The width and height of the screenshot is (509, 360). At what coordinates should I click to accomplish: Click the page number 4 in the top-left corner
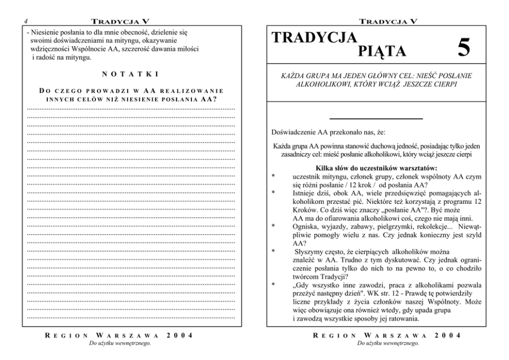25,22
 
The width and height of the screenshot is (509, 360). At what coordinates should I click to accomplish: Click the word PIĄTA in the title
382,51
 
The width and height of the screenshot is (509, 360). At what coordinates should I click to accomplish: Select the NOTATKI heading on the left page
129,74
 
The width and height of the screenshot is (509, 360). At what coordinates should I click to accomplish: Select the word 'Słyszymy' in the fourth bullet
309,252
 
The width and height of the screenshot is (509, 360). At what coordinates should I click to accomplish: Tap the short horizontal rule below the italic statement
376,119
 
